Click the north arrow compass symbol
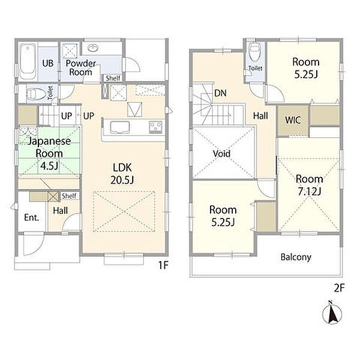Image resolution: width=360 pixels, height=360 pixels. click(332, 313)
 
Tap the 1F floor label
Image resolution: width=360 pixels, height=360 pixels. click(163, 265)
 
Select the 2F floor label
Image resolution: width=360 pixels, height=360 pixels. click(340, 288)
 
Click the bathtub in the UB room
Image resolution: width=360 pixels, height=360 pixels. click(28, 62)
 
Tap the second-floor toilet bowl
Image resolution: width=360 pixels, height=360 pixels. click(254, 52)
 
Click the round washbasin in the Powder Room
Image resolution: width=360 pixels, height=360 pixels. click(93, 47)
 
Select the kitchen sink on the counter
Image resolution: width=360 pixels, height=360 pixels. click(119, 127)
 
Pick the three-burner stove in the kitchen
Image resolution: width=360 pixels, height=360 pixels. click(155, 127)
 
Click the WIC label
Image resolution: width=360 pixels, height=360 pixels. click(293, 120)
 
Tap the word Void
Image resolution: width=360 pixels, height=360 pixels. click(221, 154)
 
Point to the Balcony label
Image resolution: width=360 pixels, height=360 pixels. click(296, 257)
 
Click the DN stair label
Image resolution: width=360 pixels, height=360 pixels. click(220, 93)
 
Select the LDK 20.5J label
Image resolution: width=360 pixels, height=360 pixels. click(122, 174)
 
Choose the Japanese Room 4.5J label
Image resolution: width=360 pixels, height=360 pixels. click(49, 153)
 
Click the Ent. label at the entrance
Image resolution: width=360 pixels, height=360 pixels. click(31, 218)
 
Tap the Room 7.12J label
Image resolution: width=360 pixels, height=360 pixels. click(309, 185)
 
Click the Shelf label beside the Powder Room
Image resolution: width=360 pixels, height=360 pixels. click(113, 78)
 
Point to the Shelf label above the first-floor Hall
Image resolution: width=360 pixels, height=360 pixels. click(69, 196)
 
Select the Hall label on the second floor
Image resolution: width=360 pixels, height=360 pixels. click(260, 116)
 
